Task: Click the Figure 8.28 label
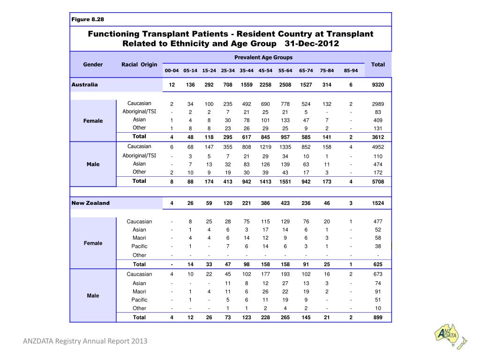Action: tap(88, 19)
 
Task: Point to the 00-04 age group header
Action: tap(172, 71)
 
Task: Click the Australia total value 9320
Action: tap(378, 85)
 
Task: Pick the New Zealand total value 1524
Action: tap(378, 203)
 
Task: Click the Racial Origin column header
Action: tap(139, 64)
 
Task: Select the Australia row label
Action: tap(85, 85)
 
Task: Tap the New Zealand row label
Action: tap(90, 203)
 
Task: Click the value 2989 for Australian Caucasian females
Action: tap(378, 104)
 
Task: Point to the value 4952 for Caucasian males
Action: tap(378, 147)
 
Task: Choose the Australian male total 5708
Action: tap(378, 181)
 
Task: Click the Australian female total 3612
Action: tap(378, 137)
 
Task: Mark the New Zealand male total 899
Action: tap(378, 317)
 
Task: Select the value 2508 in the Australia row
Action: tap(285, 85)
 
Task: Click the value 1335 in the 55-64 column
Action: tap(285, 147)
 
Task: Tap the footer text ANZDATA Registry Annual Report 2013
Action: tap(85, 341)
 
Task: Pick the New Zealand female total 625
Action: tap(378, 264)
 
